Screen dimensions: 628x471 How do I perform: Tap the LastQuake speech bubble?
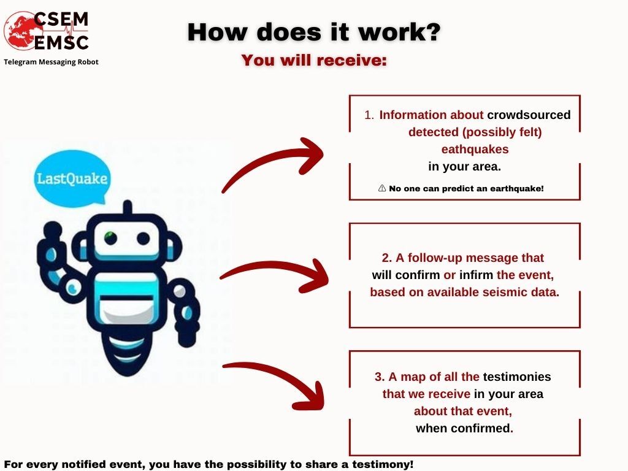coord(72,178)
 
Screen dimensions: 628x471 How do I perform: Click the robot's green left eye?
coord(110,238)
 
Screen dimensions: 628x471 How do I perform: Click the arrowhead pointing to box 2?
coord(315,277)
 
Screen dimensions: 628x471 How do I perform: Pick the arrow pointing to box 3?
coord(277,380)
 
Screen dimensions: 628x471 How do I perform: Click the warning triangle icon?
coord(382,188)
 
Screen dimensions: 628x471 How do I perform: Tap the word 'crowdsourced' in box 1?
coord(529,115)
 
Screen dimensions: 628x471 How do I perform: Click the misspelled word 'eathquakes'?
coord(475,150)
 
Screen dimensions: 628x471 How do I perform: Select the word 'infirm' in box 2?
coord(476,275)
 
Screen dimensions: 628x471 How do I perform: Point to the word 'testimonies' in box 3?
coord(516,377)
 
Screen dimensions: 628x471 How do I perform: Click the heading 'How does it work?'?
coord(314,32)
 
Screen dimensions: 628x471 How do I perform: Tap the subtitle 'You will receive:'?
coord(314,60)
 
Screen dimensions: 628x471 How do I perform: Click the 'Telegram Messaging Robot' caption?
coord(51,62)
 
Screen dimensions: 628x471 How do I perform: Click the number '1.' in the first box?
coord(369,115)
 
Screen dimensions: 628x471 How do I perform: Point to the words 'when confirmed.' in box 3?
coord(465,429)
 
